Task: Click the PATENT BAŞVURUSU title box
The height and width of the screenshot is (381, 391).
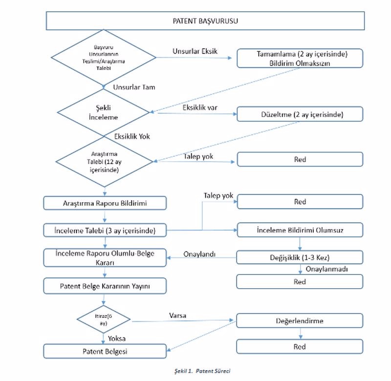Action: [205, 21]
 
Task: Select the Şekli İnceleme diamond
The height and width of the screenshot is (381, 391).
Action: [103, 112]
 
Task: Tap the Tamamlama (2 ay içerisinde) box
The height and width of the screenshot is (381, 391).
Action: [300, 58]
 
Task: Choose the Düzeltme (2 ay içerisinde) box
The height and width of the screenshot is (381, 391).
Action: [300, 114]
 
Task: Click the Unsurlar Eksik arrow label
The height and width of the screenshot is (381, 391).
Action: [195, 51]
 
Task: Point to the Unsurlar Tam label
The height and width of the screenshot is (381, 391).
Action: [134, 87]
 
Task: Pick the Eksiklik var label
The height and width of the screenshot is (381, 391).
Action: [200, 107]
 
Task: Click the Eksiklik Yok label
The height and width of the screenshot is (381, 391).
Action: [132, 137]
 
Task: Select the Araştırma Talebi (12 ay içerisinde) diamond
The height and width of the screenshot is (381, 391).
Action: [104, 162]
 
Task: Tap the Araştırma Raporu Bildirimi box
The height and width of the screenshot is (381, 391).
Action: [105, 203]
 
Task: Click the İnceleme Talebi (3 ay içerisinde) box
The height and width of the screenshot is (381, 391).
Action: [105, 230]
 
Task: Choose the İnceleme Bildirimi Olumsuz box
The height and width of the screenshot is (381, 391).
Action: [300, 230]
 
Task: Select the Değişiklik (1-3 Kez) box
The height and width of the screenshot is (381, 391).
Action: [300, 257]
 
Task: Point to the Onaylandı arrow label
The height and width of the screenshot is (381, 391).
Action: [199, 254]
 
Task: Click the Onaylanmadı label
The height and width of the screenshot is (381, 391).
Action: [326, 269]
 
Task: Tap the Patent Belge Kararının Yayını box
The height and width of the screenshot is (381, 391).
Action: [105, 286]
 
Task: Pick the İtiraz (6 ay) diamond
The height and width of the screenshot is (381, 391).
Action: [104, 319]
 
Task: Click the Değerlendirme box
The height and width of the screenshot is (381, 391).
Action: [300, 321]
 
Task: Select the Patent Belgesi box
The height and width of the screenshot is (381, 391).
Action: [105, 351]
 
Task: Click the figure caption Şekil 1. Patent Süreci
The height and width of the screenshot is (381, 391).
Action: [202, 371]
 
